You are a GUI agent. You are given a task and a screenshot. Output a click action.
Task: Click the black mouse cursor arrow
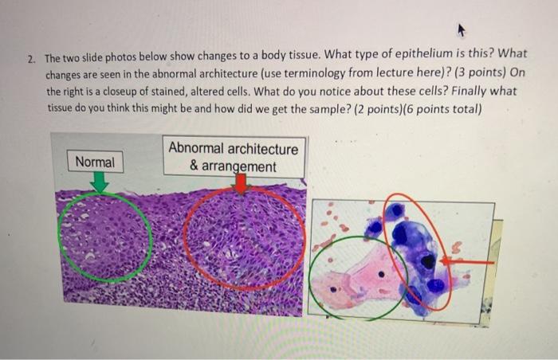click(x=461, y=30)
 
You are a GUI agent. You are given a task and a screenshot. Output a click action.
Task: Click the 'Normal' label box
click(x=96, y=162)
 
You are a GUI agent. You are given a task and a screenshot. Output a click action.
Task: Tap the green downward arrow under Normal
click(x=100, y=182)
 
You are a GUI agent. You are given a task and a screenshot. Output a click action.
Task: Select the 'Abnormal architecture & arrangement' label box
click(x=234, y=157)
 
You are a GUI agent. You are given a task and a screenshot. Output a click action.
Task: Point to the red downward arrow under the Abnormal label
click(x=242, y=184)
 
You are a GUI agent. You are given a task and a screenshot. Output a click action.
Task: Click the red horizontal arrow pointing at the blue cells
click(x=467, y=262)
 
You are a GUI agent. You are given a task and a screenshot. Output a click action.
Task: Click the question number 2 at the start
click(x=31, y=59)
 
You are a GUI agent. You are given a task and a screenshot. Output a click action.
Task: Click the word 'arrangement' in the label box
click(x=239, y=166)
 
